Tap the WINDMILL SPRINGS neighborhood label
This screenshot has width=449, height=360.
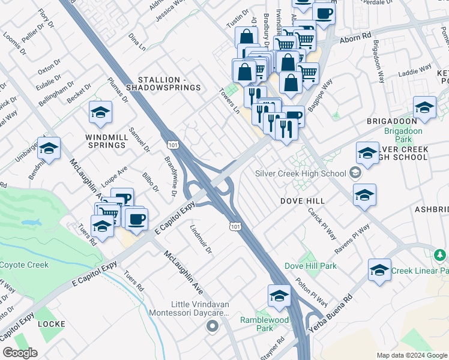point(107,141)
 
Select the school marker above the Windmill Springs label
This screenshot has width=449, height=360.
point(101,112)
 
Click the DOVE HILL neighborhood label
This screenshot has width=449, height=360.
point(303,201)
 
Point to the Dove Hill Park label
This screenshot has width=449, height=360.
point(310,266)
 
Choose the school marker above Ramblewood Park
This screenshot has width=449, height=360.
point(279,296)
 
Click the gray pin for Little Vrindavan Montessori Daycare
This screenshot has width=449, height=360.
point(211,326)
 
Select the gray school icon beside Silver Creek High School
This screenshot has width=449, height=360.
point(356,173)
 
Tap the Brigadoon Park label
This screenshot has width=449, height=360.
point(404,135)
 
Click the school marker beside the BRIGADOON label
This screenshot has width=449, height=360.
point(425,107)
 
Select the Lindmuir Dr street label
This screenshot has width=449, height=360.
point(201,239)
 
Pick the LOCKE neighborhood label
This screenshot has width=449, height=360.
point(51,323)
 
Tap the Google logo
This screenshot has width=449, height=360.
point(20,352)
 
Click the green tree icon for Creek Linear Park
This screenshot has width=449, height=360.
point(441,256)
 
